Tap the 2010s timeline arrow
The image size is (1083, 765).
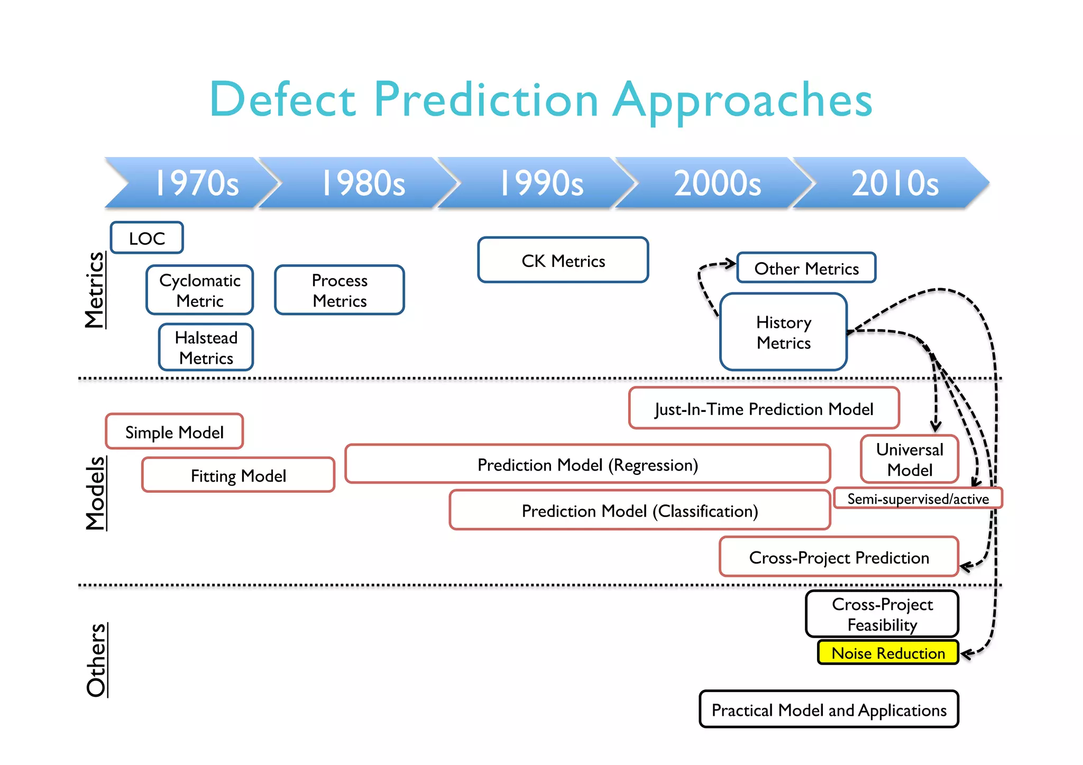pos(894,183)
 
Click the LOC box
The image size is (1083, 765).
pos(147,238)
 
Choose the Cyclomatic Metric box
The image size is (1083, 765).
pos(200,290)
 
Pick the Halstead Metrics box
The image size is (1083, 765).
pos(206,347)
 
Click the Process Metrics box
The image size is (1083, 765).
pos(339,290)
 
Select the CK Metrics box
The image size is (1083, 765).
pos(563,260)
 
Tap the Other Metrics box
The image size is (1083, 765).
pos(806,268)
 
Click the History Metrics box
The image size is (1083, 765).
pos(784,332)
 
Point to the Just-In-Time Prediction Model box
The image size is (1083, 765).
pos(764,408)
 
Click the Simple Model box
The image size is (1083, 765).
pos(175,432)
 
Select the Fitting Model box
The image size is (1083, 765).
pos(238,475)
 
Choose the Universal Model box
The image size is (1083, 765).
pos(910,459)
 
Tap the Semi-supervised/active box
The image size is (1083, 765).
pos(917,499)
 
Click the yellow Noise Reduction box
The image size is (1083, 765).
pos(888,653)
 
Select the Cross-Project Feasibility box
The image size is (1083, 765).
pos(882,614)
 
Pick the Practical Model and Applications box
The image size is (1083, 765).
pos(829,709)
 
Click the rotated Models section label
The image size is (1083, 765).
pos(96,493)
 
